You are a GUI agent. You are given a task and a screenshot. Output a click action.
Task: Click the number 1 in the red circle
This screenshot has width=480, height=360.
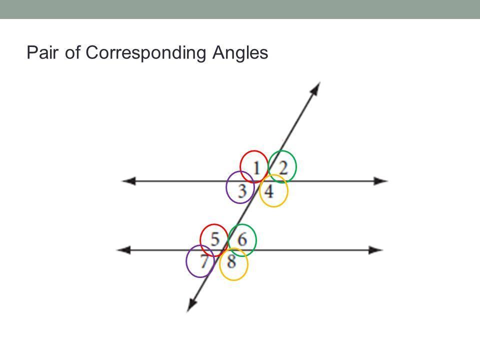pyautogui.click(x=256, y=168)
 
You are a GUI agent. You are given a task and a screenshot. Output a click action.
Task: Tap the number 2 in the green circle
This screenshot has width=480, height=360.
pyautogui.click(x=283, y=168)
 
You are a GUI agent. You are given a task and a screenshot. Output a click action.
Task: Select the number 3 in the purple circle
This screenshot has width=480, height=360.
pyautogui.click(x=242, y=191)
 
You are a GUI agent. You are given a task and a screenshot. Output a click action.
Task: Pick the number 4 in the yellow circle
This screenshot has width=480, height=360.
pyautogui.click(x=269, y=191)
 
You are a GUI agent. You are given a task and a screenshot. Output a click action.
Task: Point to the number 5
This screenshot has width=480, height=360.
pyautogui.click(x=215, y=239)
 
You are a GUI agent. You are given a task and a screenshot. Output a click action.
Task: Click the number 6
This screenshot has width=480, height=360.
pyautogui.click(x=242, y=239)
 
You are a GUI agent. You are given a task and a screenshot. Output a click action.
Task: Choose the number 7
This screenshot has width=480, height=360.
pyautogui.click(x=204, y=261)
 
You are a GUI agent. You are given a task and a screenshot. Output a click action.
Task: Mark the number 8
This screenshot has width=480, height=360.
pyautogui.click(x=231, y=261)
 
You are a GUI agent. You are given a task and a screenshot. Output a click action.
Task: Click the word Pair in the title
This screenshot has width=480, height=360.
pyautogui.click(x=42, y=52)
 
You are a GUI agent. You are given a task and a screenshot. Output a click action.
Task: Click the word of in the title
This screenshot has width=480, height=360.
pyautogui.click(x=72, y=52)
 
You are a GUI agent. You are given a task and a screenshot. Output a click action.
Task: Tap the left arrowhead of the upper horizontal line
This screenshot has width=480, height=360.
pyautogui.click(x=128, y=181)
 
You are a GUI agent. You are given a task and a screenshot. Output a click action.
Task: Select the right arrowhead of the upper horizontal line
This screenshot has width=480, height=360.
pyautogui.click(x=381, y=181)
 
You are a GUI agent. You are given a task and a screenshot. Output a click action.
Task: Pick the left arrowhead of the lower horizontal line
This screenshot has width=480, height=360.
pyautogui.click(x=123, y=250)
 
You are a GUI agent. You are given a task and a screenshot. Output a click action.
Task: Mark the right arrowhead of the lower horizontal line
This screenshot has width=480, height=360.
pyautogui.click(x=376, y=250)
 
